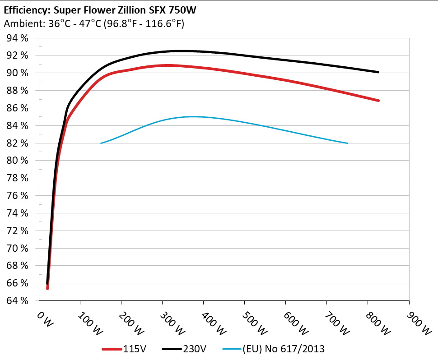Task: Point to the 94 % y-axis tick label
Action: coord(18,38)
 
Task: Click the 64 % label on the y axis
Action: coord(18,300)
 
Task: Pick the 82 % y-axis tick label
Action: coord(18,143)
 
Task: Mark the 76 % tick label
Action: coord(18,195)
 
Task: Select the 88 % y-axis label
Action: coord(18,90)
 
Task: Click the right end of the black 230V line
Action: coord(378,72)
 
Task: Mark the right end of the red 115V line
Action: coord(378,101)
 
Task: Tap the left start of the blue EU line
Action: coord(101,143)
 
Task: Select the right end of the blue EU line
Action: coord(347,143)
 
